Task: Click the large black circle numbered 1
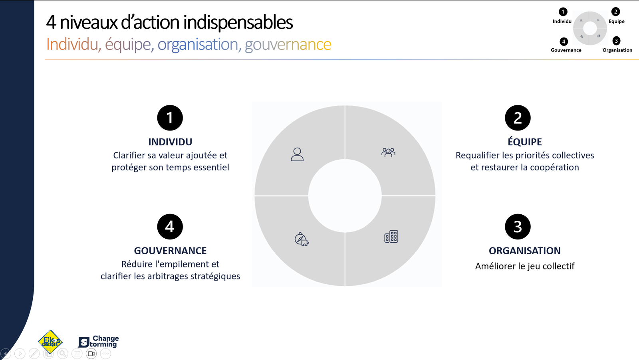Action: point(170,118)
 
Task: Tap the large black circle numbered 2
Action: point(518,118)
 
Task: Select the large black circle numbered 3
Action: point(518,227)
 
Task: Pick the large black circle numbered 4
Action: point(170,227)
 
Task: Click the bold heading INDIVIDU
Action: point(170,142)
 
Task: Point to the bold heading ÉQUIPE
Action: point(525,141)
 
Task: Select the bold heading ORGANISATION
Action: point(525,251)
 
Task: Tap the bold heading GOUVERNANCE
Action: point(170,251)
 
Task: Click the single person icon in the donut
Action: point(297,154)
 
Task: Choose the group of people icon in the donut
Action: point(388,152)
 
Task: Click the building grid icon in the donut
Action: point(391,236)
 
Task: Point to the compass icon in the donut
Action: point(301,239)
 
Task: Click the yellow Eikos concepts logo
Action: point(50,342)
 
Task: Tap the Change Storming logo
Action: point(98,342)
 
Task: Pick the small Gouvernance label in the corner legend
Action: point(566,50)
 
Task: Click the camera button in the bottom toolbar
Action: point(91,354)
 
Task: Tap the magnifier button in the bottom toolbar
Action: point(63,354)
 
